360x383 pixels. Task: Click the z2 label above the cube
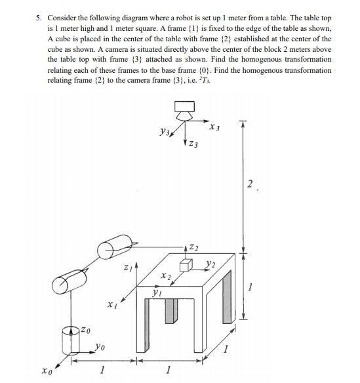click(x=194, y=247)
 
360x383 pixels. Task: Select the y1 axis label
click(x=156, y=295)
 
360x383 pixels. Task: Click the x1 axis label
click(x=112, y=305)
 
